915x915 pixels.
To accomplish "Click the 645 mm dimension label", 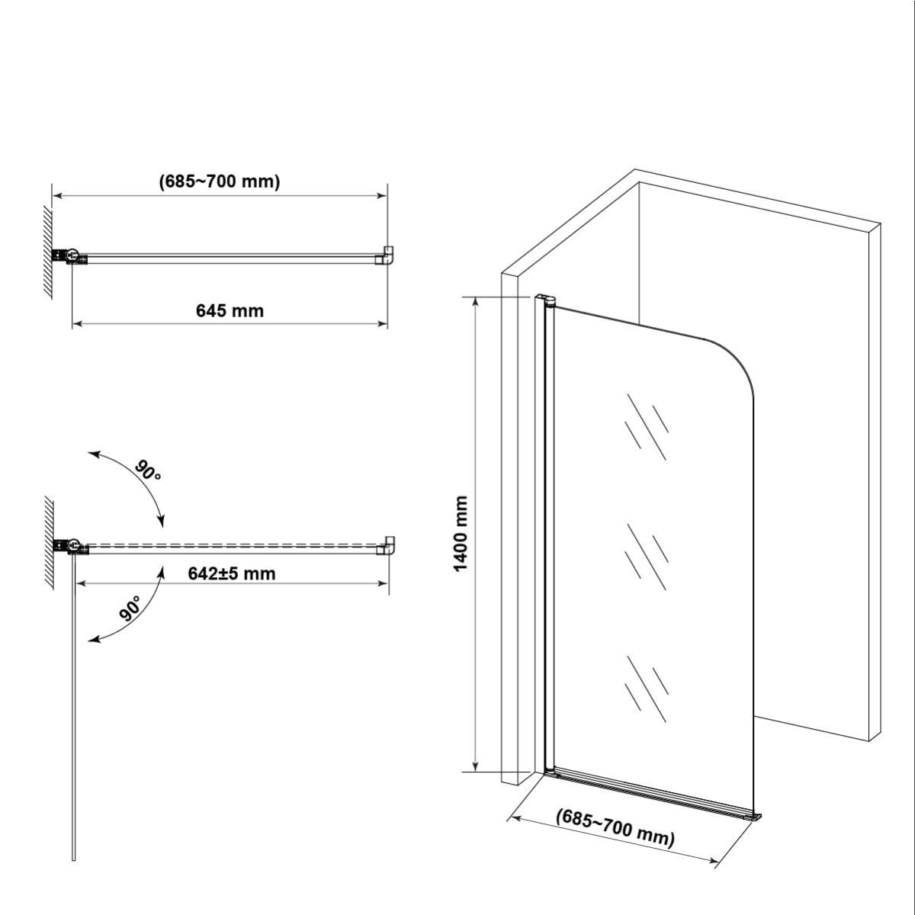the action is coord(230,311).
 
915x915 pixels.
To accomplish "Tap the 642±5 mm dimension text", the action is coord(232,573).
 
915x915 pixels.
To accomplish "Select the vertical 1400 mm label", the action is coord(461,535).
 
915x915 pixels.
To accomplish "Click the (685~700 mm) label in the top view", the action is coord(220,181).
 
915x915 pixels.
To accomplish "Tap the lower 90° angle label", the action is coord(130,608).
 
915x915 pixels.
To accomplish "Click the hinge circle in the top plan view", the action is coord(73,254).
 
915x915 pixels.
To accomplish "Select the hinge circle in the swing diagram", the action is coord(74,544).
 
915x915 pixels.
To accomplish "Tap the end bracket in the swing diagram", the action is coord(386,546).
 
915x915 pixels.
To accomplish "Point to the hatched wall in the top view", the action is coord(47,252).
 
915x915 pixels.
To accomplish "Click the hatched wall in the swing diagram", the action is coord(49,543).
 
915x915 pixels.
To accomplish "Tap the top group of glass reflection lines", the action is coord(647,426).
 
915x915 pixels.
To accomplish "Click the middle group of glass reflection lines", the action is coord(647,556).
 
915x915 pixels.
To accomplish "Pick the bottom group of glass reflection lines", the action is coord(647,689).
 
